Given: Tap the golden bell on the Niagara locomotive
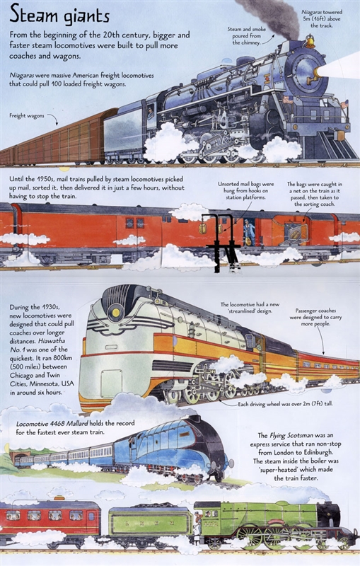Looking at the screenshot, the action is [310, 41].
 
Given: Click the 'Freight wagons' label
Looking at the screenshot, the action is [27, 115].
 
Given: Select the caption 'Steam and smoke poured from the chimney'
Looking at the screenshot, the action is [245, 36].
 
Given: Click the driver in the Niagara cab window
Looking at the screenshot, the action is [150, 112].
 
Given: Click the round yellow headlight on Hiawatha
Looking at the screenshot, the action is [115, 311].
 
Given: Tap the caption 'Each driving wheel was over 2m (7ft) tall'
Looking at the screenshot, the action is [285, 404].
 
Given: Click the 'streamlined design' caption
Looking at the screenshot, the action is [250, 308].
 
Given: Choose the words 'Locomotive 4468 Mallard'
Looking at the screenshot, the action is [52, 423].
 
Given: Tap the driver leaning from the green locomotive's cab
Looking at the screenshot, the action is [199, 523].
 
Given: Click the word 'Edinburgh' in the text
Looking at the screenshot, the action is [320, 452].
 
